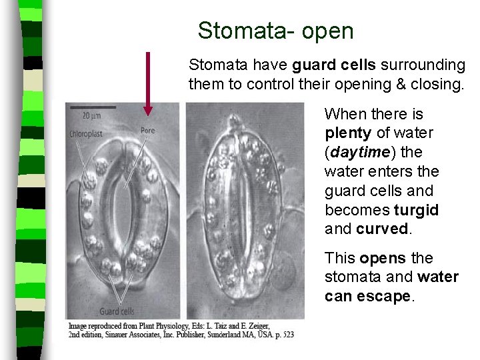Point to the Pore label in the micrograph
pyautogui.click(x=147, y=130)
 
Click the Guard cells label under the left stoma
pyautogui.click(x=117, y=311)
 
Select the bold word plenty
pyautogui.click(x=349, y=133)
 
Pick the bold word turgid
pyautogui.click(x=416, y=210)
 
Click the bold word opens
pyautogui.click(x=383, y=258)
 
